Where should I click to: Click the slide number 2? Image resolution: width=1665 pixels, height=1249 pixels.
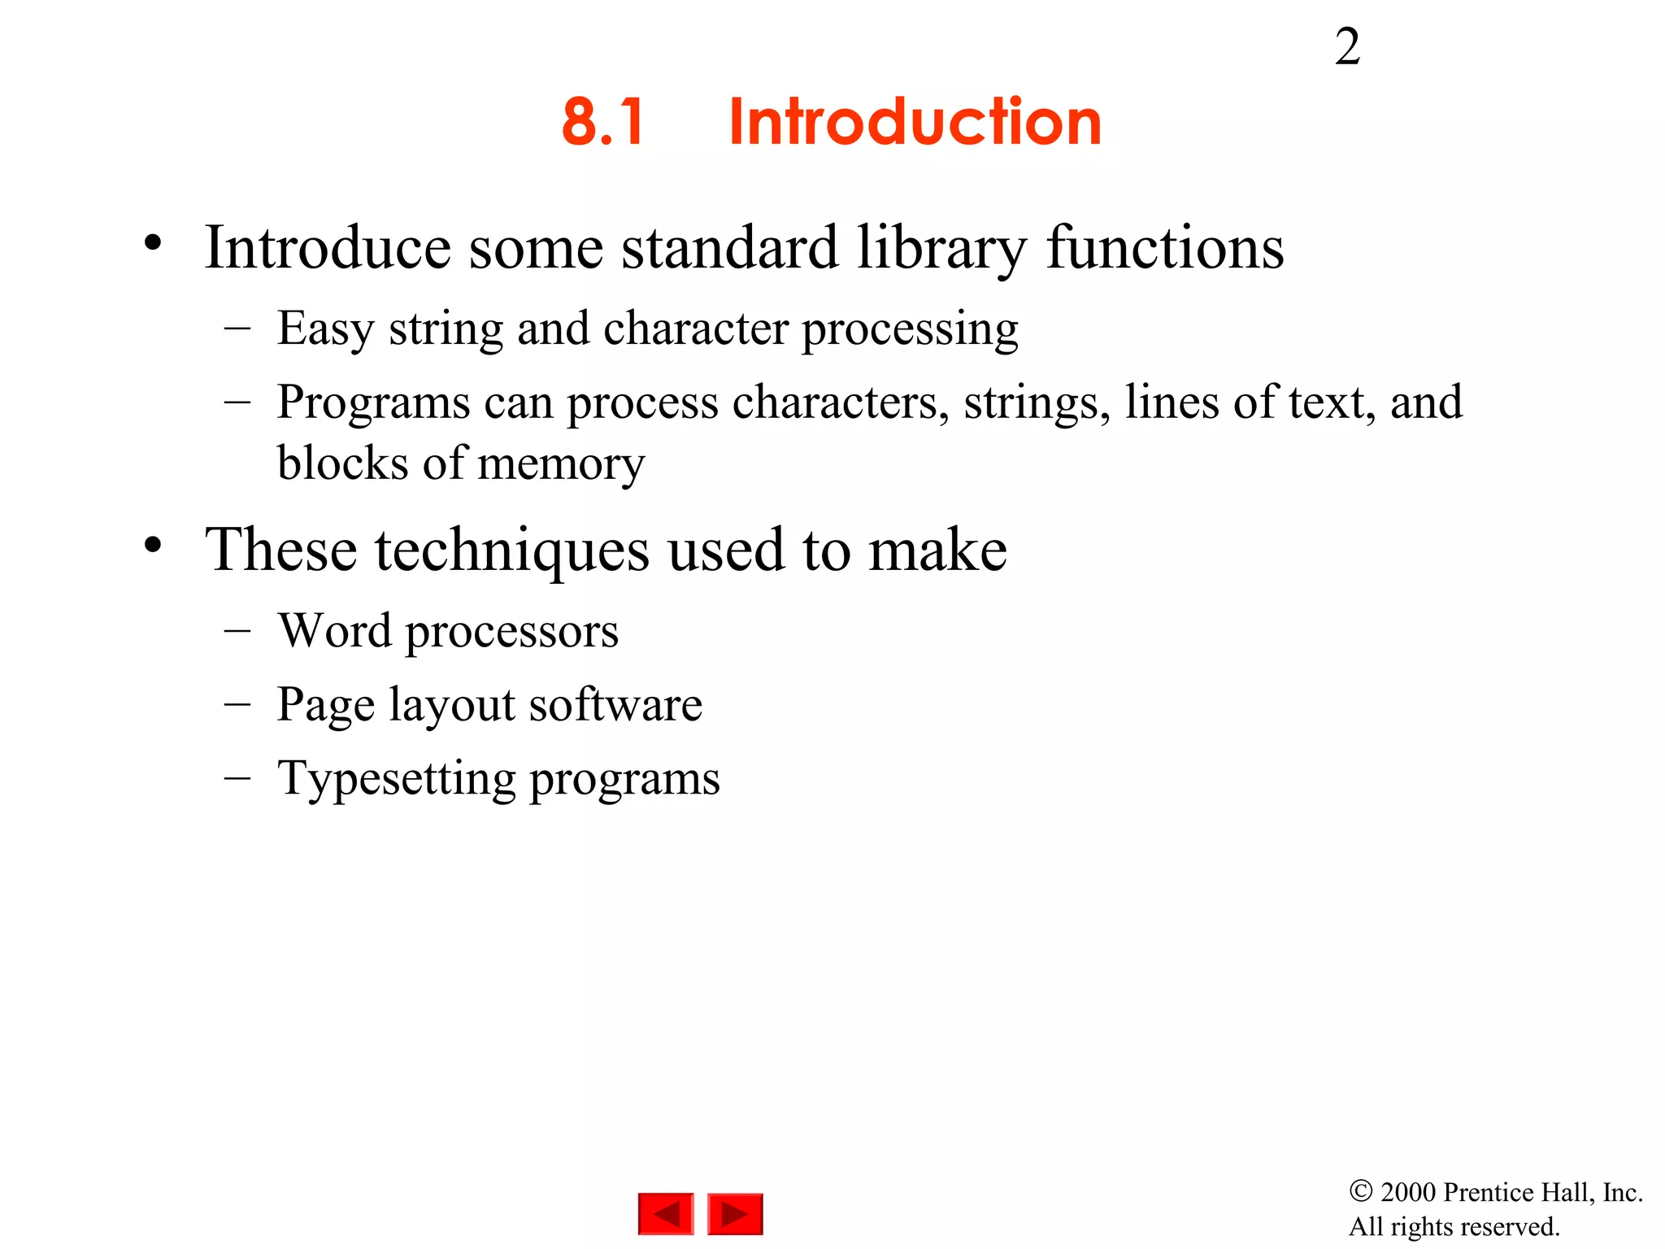pos(1347,47)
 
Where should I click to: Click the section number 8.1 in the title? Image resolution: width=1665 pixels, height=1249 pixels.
pos(603,122)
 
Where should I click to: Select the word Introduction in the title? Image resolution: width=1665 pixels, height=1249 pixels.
pos(915,122)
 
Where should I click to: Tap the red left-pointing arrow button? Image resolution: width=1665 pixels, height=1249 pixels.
pos(666,1214)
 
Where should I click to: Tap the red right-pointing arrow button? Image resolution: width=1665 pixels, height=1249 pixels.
pos(735,1214)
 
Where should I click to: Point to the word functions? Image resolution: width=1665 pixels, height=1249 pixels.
pos(1165,248)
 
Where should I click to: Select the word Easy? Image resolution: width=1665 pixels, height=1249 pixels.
pos(325,329)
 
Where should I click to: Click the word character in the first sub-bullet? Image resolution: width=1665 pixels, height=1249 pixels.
pos(696,329)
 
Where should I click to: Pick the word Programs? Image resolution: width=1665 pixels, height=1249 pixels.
pos(373,403)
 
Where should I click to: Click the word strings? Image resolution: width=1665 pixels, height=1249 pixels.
pos(1037,403)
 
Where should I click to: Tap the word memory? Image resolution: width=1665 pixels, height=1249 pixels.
pos(561,464)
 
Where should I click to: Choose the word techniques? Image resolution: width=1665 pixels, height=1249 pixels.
pos(512,551)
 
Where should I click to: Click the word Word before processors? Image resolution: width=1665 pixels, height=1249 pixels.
pos(335,631)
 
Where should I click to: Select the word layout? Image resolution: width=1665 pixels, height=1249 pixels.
pos(451,705)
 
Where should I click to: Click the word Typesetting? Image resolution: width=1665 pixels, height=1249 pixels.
pos(396,779)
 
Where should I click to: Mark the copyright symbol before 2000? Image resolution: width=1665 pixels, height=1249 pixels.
pos(1361,1191)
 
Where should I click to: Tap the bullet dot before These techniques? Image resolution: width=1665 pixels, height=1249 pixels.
pos(154,545)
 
